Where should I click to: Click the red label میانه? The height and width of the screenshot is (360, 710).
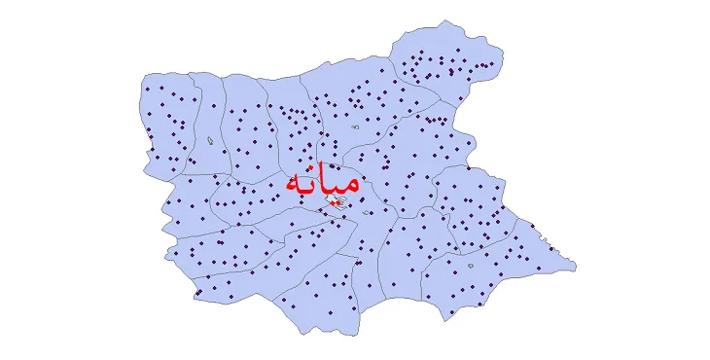322,183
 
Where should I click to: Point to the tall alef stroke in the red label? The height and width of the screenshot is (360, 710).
325,178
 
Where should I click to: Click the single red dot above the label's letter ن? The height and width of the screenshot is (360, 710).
311,167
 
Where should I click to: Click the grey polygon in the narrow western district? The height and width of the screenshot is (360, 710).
211,141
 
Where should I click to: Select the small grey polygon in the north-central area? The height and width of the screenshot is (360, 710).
357,126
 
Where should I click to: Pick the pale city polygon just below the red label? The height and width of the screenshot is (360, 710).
336,200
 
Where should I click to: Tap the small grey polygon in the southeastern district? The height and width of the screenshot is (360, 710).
471,265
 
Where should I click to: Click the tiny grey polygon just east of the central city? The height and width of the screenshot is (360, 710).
367,213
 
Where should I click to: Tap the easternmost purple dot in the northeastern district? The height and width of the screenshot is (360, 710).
492,65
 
